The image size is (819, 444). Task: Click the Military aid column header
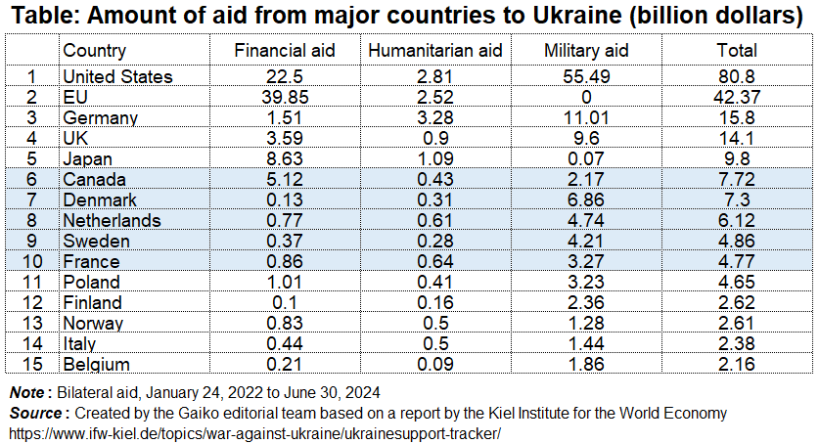(x=585, y=51)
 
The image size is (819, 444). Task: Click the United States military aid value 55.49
(x=585, y=76)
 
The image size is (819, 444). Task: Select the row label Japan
(x=87, y=158)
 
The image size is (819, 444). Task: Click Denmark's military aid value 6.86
(x=585, y=200)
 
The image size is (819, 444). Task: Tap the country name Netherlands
(x=111, y=220)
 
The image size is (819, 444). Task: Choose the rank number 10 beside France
(x=31, y=261)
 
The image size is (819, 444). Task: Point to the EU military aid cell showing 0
(x=585, y=97)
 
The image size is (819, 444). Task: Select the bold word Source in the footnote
(x=35, y=413)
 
